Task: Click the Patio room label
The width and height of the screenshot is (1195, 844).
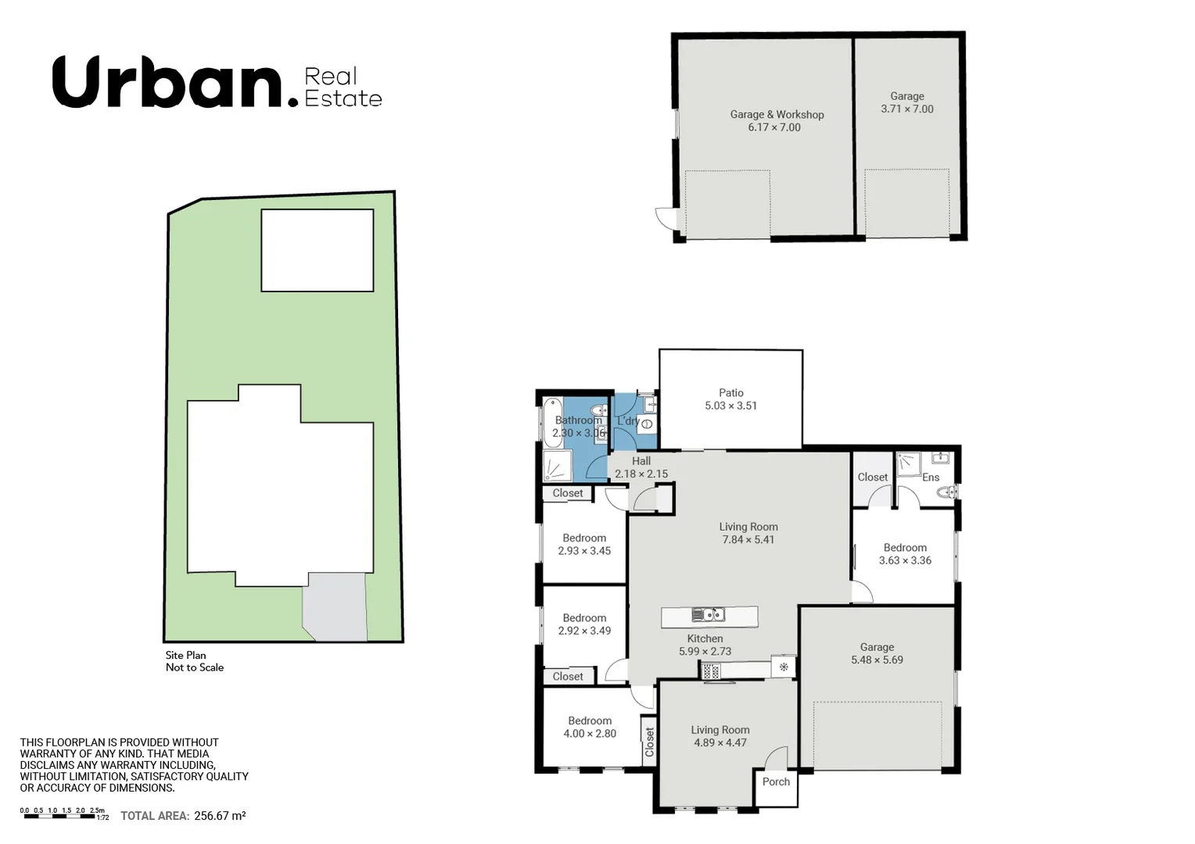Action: coord(730,392)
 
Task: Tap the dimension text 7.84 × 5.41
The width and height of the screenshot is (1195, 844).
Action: coord(748,539)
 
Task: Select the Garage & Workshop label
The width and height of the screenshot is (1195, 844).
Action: coord(777,114)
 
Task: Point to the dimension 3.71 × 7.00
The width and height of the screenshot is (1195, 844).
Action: coord(906,109)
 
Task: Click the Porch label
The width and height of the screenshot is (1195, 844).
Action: coord(776,781)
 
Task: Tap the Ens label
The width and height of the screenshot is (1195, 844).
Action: coord(930,477)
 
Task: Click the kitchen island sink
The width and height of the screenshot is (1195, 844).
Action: coord(708,615)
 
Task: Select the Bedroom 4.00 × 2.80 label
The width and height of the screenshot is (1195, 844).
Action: coord(590,721)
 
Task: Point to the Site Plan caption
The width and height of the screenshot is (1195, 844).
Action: coord(186,655)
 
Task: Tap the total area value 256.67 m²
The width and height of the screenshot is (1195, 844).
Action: coord(220,815)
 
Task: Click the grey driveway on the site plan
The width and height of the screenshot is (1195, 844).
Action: coord(336,608)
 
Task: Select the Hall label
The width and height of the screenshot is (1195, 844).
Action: coord(641,461)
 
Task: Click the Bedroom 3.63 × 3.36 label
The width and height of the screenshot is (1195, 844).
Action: coord(905,547)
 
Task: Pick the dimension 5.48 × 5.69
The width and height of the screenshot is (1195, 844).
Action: coord(877,660)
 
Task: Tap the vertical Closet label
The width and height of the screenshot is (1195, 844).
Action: coord(649,742)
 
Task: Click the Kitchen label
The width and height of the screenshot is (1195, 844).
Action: coord(705,638)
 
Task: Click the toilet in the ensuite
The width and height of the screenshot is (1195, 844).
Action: coord(946,492)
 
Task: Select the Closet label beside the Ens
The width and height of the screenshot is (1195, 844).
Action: coord(872,477)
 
